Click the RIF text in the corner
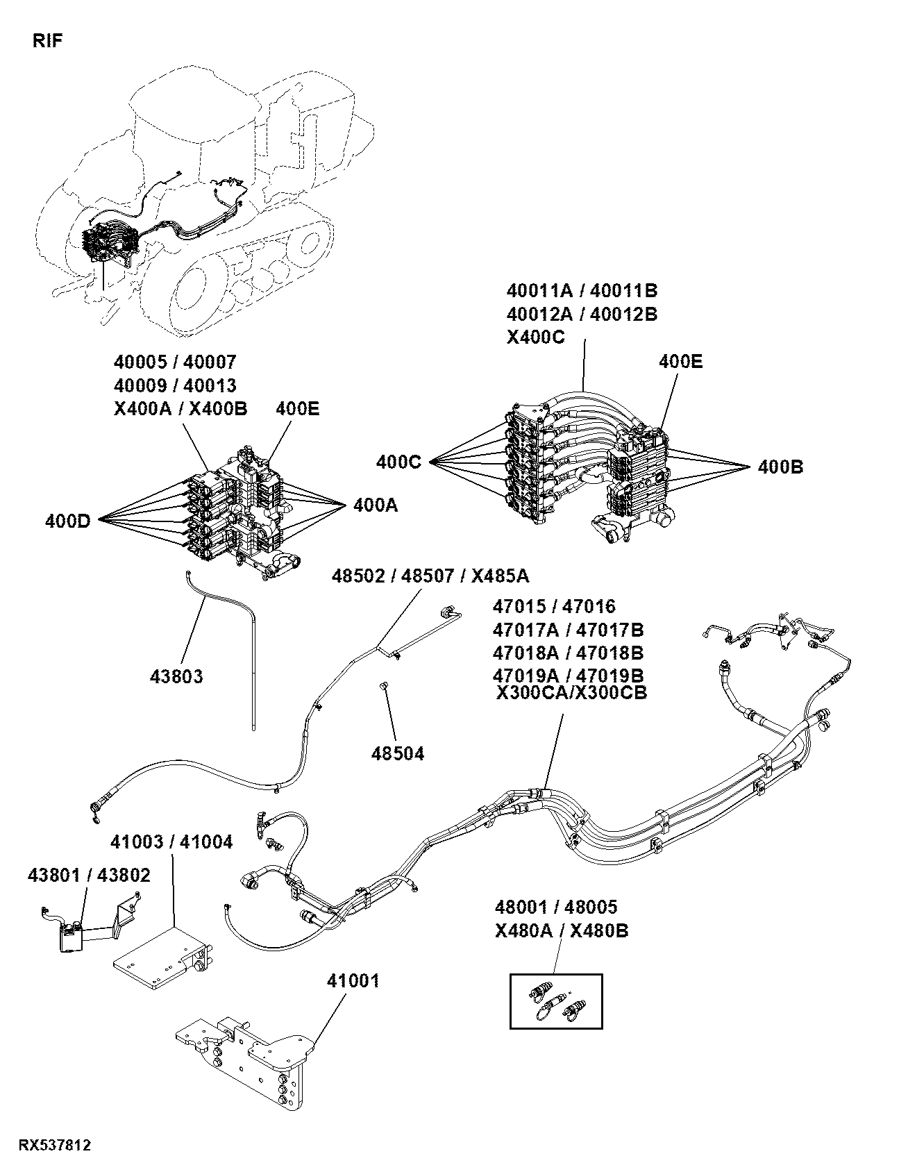pos(48,41)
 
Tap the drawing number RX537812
pos(55,1144)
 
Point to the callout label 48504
pos(397,753)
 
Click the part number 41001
pos(353,980)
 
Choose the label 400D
pos(68,520)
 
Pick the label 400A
pos(376,505)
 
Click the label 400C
pos(398,462)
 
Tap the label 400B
pos(780,467)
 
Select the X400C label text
pos(536,337)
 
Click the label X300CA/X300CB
pos(572,693)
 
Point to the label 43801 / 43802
pos(89,875)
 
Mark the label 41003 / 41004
pos(172,842)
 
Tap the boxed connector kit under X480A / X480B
pos(556,1001)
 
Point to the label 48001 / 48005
pos(556,907)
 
